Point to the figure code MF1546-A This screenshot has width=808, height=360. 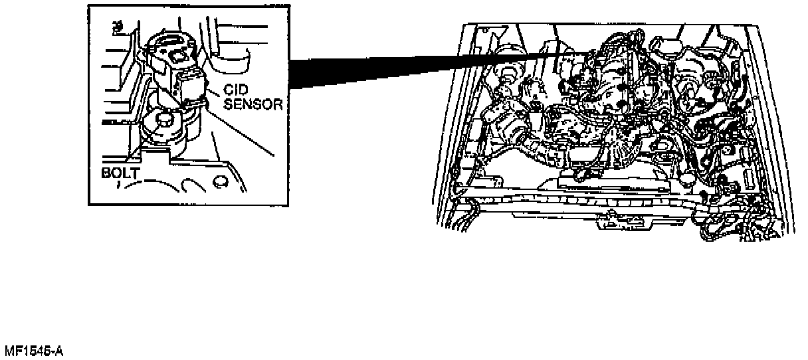tap(34, 350)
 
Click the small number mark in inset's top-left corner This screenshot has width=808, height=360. tap(118, 26)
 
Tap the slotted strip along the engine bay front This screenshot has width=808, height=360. tap(598, 199)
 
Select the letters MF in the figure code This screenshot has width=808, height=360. tap(11, 350)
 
